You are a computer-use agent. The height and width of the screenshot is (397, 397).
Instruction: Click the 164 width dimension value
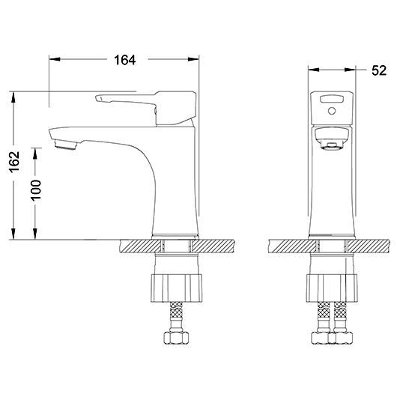[125, 60]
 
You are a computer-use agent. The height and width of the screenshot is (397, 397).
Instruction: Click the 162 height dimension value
[14, 161]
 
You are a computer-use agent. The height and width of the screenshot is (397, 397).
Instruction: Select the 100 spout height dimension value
[36, 190]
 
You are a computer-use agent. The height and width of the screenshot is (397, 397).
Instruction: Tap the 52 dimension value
[379, 70]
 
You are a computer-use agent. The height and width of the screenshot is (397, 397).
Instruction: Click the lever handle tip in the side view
[97, 98]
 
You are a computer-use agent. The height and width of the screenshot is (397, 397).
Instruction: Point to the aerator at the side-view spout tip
[66, 145]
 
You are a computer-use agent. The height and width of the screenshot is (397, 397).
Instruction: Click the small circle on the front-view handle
[332, 111]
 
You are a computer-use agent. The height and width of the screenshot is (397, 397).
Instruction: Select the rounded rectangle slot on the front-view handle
[332, 99]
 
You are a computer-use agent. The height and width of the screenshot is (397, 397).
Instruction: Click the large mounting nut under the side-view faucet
[177, 288]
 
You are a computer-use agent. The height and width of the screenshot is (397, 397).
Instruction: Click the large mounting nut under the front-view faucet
[332, 288]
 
